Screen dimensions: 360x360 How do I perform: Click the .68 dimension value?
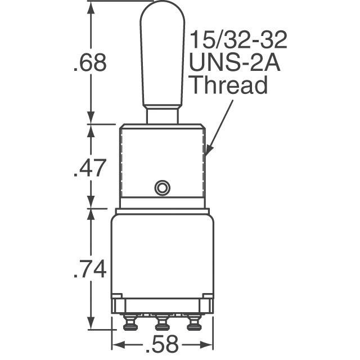tap(90, 62)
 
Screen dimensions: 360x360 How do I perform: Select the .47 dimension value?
tap(90, 167)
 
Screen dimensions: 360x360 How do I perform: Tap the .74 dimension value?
tap(90, 270)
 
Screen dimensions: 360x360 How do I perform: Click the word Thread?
tap(227, 86)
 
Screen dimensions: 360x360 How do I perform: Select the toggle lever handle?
tap(162, 56)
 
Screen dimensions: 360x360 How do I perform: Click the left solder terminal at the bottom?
tap(130, 323)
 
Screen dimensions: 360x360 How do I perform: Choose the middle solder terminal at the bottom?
tap(162, 323)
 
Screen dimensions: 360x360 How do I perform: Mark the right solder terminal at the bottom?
tap(194, 323)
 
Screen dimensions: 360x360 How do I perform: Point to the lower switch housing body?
tap(162, 253)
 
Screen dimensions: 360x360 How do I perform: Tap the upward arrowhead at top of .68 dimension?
tap(91, 7)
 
